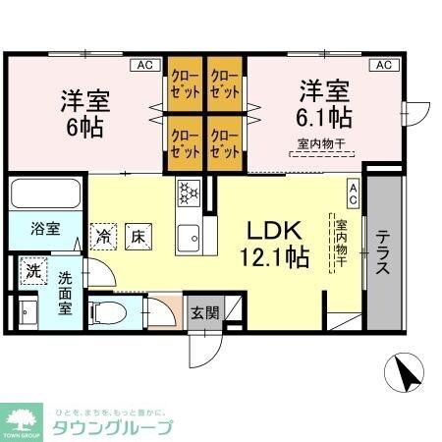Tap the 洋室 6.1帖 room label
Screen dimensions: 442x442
(325, 103)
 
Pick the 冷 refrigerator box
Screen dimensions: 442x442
(103, 235)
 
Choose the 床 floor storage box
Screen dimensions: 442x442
(138, 235)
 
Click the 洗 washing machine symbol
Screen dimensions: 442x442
(32, 269)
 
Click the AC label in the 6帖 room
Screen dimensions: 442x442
(144, 65)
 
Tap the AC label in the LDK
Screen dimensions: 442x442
(353, 192)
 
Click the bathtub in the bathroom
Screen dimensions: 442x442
(47, 195)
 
